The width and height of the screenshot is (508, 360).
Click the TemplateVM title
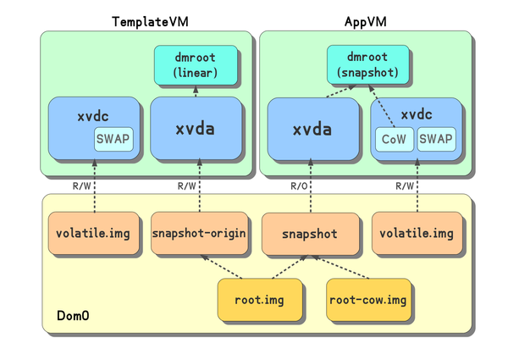pyautogui.click(x=148, y=20)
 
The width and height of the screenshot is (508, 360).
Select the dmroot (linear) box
pyautogui.click(x=196, y=65)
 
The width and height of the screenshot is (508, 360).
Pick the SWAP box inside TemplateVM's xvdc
pyautogui.click(x=113, y=138)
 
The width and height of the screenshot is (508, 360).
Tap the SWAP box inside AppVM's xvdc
pyautogui.click(x=436, y=138)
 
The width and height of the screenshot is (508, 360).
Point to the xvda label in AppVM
pyautogui.click(x=311, y=130)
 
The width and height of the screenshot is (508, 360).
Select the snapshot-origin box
pyautogui.click(x=199, y=233)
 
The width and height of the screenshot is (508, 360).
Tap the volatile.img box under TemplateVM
pyautogui.click(x=93, y=233)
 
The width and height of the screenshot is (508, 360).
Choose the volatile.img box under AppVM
pyautogui.click(x=417, y=233)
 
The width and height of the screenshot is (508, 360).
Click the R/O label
pyautogui.click(x=299, y=186)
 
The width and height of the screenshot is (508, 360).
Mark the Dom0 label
pyautogui.click(x=74, y=316)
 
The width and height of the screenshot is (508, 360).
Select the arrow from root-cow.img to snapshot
pyautogui.click(x=341, y=268)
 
